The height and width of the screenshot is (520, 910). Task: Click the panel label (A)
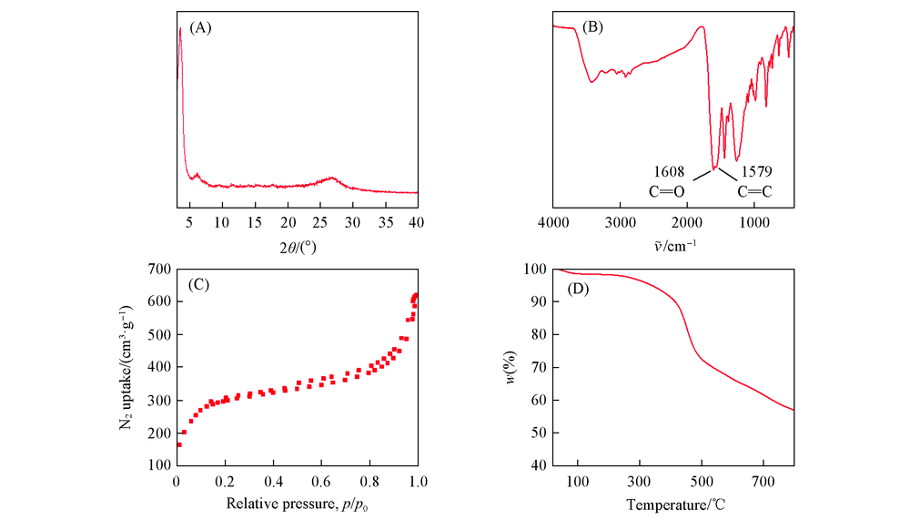click(x=200, y=27)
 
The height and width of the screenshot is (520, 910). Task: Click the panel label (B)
click(x=591, y=27)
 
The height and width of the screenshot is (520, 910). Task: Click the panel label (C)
click(x=200, y=283)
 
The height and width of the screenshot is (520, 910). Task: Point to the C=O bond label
click(x=668, y=192)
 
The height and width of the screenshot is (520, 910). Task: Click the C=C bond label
click(x=756, y=192)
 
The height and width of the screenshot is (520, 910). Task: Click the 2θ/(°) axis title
click(x=297, y=247)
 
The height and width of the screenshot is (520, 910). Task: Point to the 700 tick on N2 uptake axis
click(x=158, y=270)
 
